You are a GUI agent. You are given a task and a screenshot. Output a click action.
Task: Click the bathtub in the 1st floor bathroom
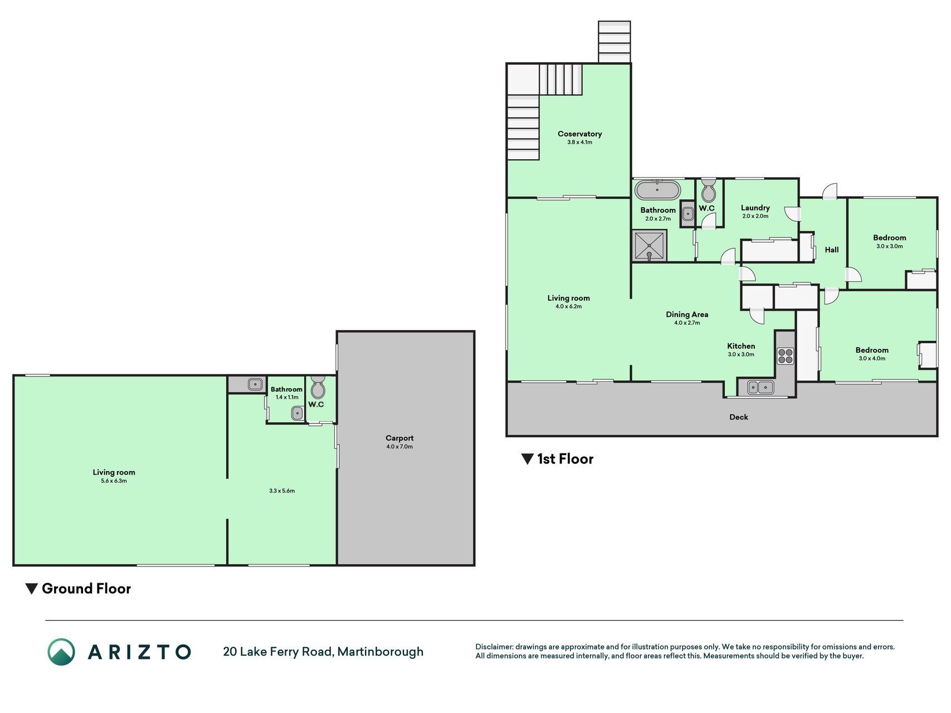point(657,190)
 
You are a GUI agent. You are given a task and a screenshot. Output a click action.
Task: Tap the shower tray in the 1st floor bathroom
point(650,247)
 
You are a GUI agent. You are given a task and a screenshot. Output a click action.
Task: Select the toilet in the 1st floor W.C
point(708,190)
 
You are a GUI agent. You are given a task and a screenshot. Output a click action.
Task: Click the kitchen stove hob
point(786,355)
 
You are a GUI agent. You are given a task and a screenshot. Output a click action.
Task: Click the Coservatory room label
point(579,134)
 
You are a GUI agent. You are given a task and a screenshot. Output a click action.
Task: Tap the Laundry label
point(755,208)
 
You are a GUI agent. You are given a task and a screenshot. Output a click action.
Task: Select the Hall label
point(831,250)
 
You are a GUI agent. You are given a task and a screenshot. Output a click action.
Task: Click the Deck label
point(739,417)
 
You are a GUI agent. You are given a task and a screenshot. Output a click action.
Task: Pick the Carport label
point(399,438)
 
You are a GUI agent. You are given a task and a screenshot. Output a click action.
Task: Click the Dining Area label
point(687,315)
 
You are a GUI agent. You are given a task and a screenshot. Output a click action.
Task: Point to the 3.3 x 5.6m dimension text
point(281,491)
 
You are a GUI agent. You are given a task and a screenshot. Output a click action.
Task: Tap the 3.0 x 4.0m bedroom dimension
point(872,358)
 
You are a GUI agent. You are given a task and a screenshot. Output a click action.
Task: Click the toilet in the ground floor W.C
point(318,387)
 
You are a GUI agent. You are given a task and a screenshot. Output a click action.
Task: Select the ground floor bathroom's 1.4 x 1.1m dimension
point(287,397)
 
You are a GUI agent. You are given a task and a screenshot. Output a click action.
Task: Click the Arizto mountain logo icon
point(61,652)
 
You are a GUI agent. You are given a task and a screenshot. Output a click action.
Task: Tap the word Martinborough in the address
point(381,652)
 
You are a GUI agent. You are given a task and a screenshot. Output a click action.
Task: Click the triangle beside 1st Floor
point(527,459)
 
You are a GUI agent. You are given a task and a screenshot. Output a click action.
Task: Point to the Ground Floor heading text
point(86,589)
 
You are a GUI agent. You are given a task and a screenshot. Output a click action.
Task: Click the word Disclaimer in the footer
point(494,647)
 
